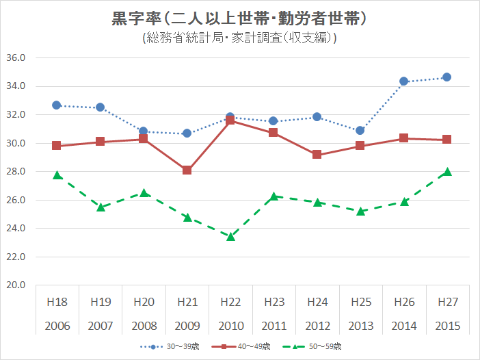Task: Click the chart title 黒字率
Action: pos(240,18)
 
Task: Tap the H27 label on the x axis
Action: pos(447,302)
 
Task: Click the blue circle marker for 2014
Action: pos(403,81)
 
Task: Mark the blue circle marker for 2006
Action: pos(57,105)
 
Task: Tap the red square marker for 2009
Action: pos(187,170)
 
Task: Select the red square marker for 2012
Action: pos(317,155)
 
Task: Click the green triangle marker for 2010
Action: pos(230,236)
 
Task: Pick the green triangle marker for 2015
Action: pos(447,172)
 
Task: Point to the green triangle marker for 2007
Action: pos(100,207)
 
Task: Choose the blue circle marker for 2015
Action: pos(447,77)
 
